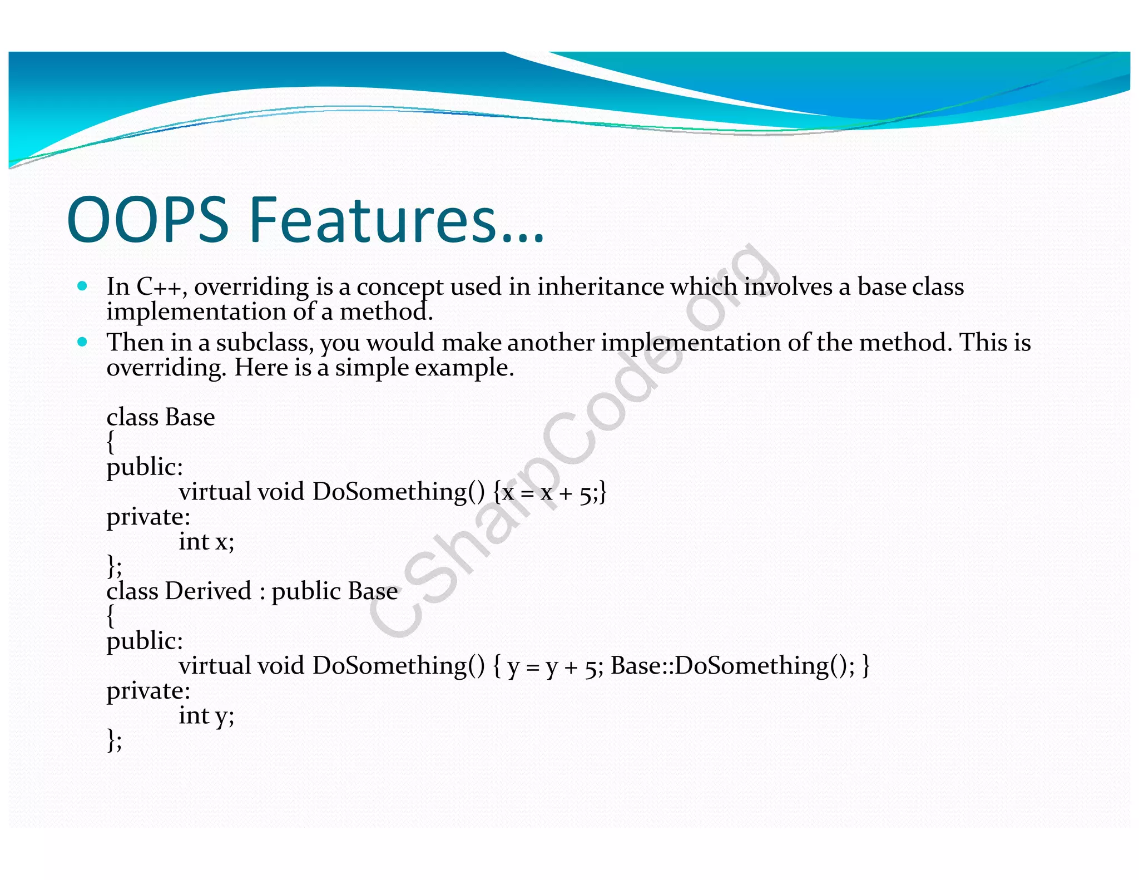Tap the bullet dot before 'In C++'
[83, 286]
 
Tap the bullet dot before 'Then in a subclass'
[83, 342]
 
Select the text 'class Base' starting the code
[161, 417]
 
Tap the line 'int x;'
[206, 542]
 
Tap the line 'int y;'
[206, 716]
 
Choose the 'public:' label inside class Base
[145, 467]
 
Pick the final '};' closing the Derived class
[114, 740]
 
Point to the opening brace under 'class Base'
[111, 442]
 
